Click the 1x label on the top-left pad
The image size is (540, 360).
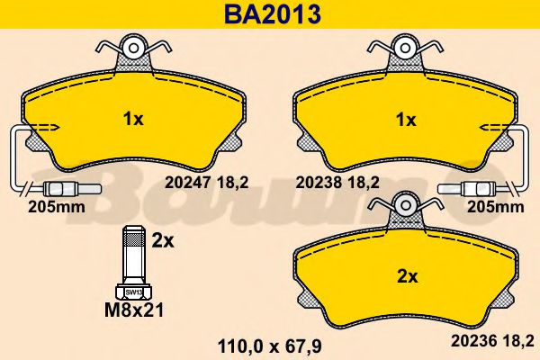point(132,117)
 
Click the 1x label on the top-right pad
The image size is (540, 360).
point(405,119)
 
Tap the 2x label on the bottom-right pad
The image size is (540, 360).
point(408,278)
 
